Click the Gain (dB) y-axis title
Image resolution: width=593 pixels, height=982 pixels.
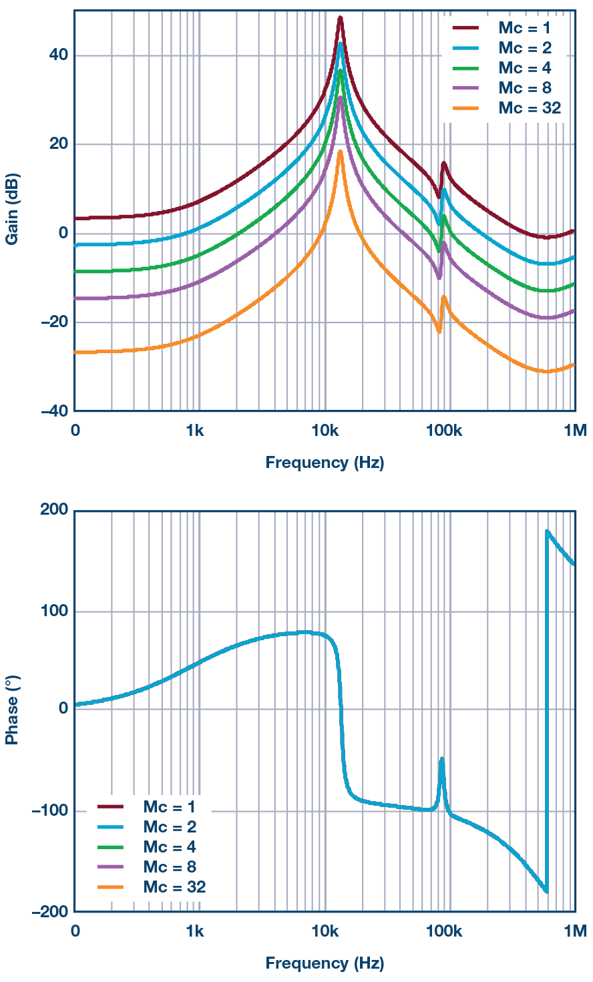point(12,210)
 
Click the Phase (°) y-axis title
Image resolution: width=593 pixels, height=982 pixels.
point(12,710)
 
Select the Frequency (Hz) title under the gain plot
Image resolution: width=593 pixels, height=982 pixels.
point(325,463)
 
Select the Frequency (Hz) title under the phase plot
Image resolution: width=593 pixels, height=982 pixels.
point(325,963)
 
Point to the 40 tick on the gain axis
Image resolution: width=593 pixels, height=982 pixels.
point(59,55)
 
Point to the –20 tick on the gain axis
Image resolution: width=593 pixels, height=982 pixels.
point(55,322)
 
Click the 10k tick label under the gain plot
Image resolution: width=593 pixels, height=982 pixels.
point(325,431)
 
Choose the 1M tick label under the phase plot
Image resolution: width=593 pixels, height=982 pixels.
point(574,931)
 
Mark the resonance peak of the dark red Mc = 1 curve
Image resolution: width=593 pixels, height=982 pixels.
point(340,18)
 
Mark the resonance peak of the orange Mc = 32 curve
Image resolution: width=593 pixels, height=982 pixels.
point(340,152)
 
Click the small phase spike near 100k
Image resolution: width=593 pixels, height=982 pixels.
point(441,759)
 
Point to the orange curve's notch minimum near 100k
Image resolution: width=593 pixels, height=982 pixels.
point(439,331)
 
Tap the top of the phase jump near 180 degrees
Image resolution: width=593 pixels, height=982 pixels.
point(547,531)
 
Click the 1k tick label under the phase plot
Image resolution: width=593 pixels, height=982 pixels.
point(194,931)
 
